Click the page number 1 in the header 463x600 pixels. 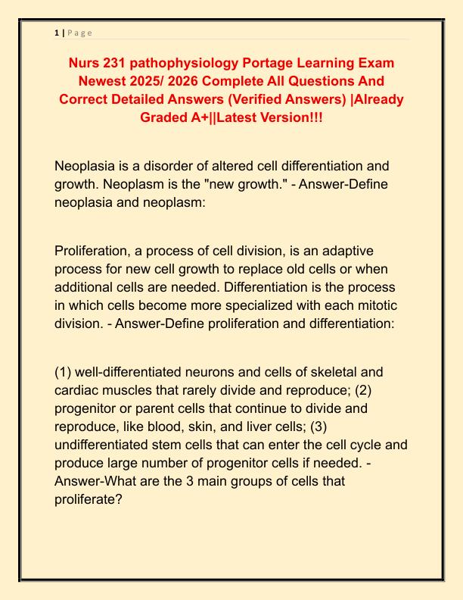(57, 33)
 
